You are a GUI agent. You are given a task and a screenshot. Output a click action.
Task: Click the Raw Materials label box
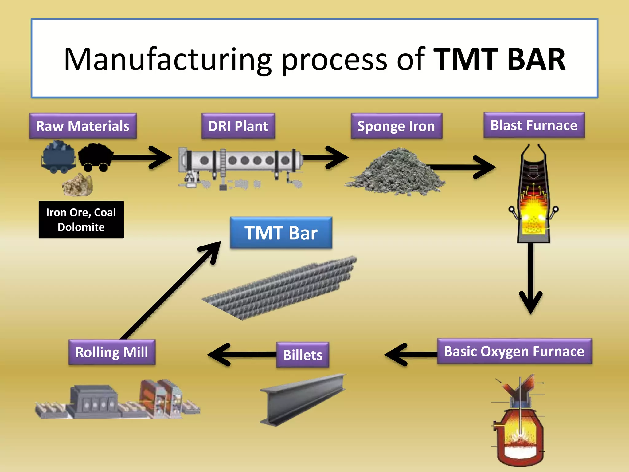coord(83,126)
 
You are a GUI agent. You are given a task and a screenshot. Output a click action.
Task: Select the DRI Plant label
coord(238,126)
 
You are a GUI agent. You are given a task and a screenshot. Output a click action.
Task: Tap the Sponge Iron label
coord(396,126)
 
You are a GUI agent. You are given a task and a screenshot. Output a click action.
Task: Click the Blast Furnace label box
coord(534,125)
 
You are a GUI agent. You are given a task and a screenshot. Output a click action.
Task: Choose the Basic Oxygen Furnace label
coord(514,351)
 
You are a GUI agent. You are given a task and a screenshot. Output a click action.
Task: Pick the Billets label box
coord(303,355)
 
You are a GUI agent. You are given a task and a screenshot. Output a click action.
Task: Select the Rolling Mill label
coord(112,352)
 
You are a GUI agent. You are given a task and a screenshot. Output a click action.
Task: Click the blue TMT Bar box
coord(281,233)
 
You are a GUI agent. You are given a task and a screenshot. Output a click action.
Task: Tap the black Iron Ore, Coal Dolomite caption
coord(81,220)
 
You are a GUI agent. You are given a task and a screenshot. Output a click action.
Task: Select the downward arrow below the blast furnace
coord(531,277)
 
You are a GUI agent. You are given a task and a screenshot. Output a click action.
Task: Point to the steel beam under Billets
coord(303,399)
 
